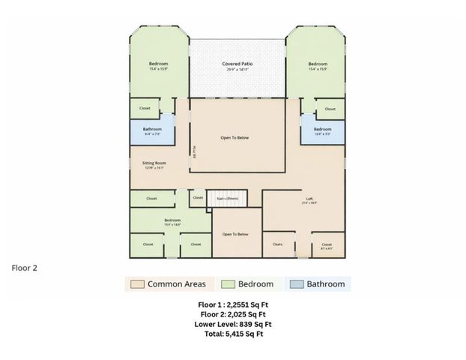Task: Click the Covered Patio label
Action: tap(237, 64)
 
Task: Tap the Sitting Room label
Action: tap(154, 163)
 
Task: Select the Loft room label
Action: tap(309, 199)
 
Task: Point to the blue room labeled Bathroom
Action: tap(153, 130)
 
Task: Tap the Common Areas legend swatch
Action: tap(136, 284)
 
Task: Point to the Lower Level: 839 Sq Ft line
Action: tap(233, 325)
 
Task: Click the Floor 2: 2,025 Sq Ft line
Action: tap(234, 315)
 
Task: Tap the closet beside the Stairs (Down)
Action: tap(197, 198)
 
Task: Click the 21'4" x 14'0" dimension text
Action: tap(309, 202)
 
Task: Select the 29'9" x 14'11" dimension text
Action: tap(237, 70)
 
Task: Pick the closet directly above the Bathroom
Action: tap(145, 108)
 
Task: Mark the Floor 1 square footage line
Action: tap(233, 305)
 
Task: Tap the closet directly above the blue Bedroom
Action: tap(330, 109)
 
